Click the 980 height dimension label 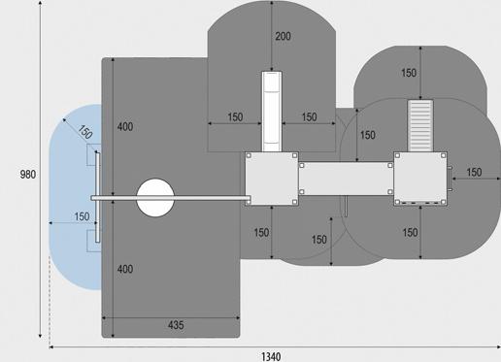28,175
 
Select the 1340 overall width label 271,357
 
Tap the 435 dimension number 176,325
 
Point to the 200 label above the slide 283,36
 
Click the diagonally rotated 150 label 85,132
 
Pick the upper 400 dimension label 125,126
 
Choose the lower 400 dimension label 125,269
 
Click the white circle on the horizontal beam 155,198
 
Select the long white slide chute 272,112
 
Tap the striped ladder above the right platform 420,125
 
